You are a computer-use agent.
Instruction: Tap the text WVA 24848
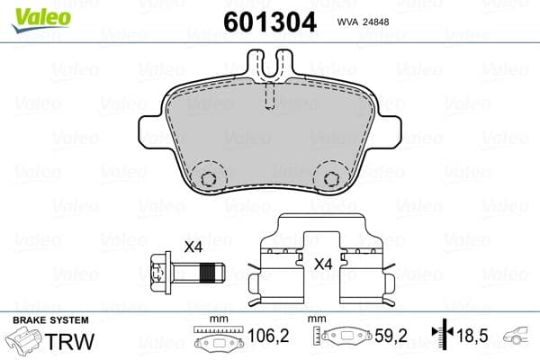364,24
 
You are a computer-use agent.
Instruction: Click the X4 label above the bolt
193,247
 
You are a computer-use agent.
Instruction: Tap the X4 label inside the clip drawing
324,265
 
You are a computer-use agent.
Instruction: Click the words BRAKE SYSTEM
49,320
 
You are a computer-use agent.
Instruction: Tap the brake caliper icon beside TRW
27,343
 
